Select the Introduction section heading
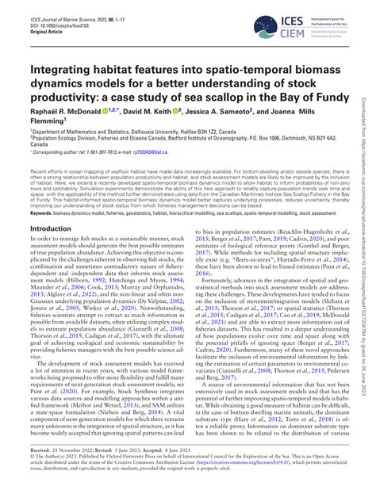pos(50,228)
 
